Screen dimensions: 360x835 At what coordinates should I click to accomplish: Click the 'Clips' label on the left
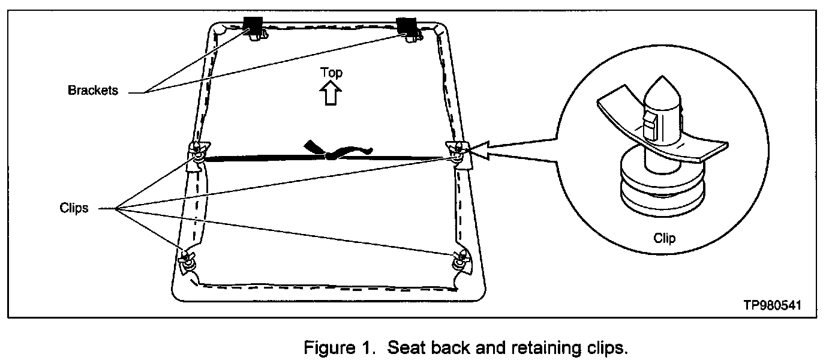point(74,208)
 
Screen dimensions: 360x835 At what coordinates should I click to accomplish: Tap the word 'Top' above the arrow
point(331,73)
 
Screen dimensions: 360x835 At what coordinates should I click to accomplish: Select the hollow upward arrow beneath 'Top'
point(331,94)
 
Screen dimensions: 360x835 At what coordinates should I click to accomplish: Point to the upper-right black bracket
point(409,26)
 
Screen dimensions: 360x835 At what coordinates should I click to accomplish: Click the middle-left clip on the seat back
point(199,152)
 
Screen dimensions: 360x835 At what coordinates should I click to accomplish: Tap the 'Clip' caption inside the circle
point(664,238)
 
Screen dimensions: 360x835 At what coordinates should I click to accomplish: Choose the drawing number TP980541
point(771,305)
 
